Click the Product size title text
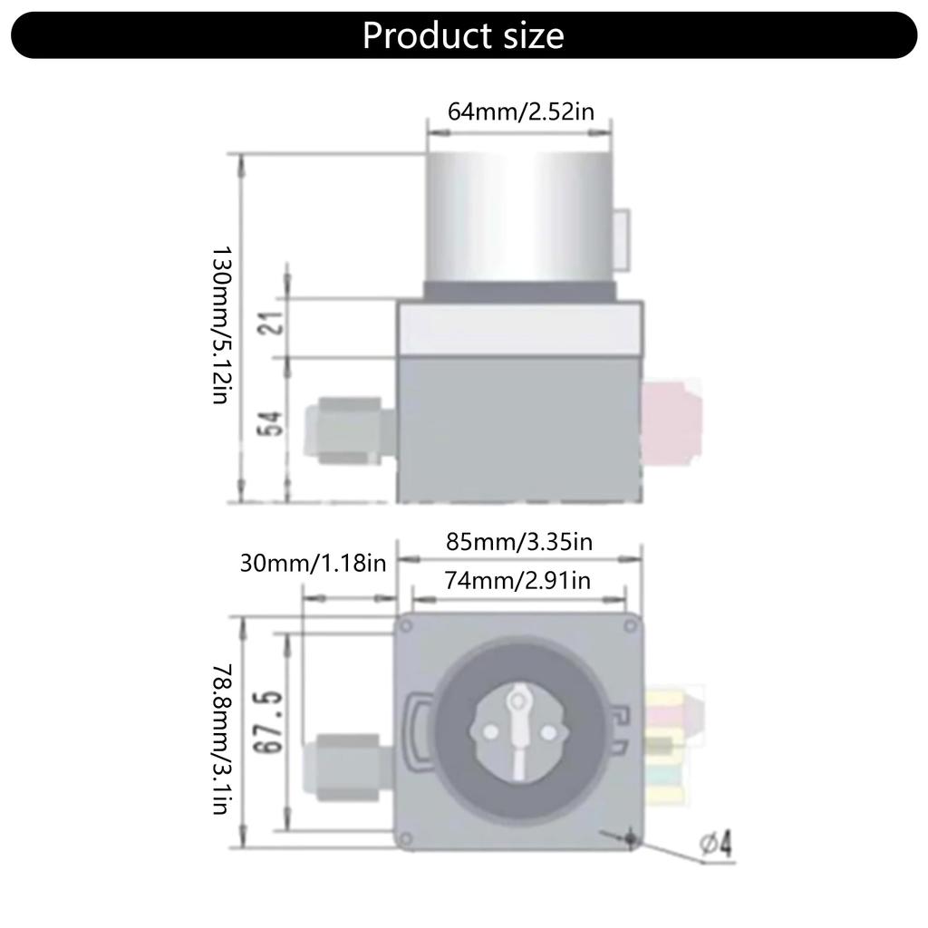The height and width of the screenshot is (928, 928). click(463, 35)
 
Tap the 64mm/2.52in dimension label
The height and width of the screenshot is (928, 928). click(520, 111)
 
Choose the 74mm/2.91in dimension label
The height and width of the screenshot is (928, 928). click(517, 580)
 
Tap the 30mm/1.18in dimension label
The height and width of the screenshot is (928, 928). click(313, 563)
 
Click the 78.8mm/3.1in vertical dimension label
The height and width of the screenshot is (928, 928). click(223, 739)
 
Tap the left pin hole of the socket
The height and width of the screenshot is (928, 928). click(490, 730)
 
